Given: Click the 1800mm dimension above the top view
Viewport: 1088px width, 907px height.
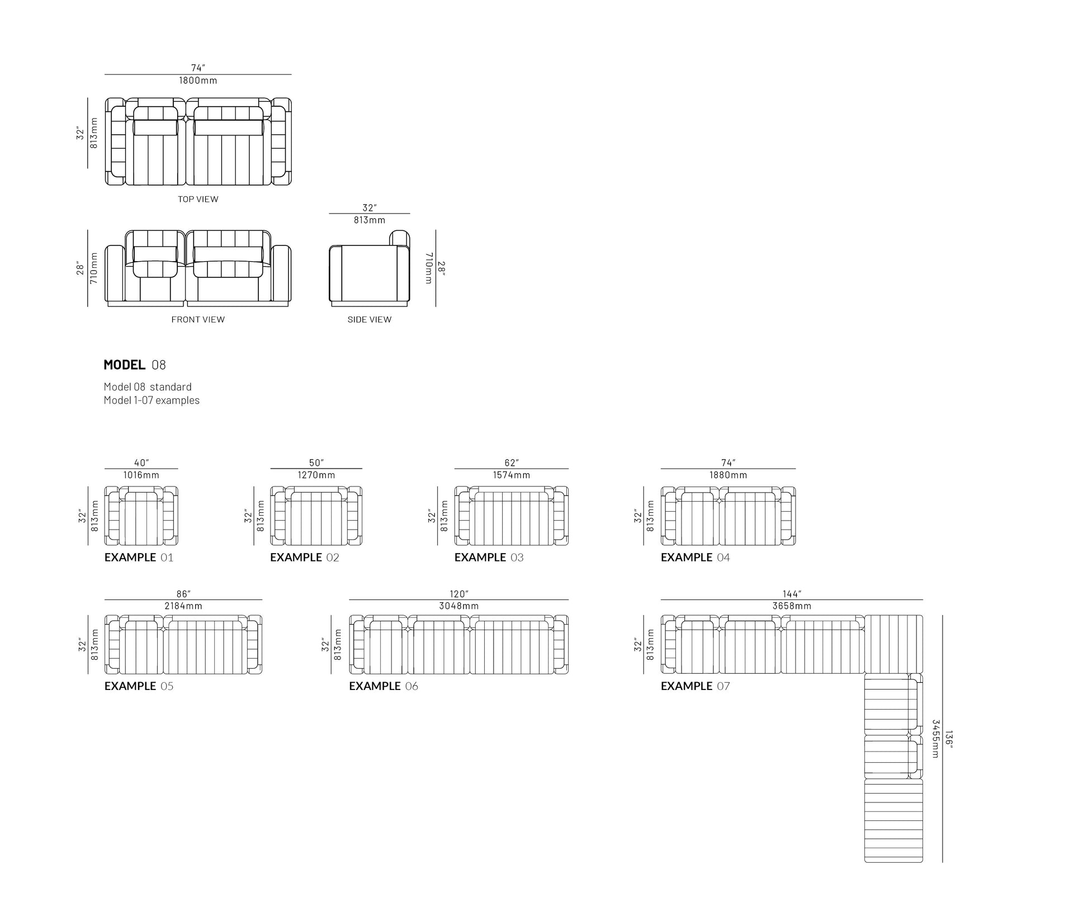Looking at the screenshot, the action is [x=198, y=81].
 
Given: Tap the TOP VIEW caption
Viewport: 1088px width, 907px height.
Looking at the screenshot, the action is [x=198, y=199].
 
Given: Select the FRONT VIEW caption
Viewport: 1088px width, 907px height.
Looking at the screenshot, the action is [x=198, y=319].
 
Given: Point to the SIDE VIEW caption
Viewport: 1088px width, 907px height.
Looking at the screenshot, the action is [x=370, y=319].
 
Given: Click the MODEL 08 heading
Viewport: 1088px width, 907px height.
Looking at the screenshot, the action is [x=135, y=365].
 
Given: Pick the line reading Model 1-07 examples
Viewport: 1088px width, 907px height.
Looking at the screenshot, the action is [x=152, y=400].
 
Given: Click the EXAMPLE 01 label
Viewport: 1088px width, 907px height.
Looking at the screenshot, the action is [x=139, y=558].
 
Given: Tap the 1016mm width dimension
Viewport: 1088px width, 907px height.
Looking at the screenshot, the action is [x=141, y=475].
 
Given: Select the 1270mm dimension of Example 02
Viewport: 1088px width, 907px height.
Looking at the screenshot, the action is [x=316, y=475].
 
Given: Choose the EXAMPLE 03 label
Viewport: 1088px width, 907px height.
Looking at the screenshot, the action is [x=489, y=558].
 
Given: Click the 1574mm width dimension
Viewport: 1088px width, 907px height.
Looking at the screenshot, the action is [x=511, y=475].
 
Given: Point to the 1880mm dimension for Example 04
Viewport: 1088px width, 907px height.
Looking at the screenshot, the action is [x=728, y=475].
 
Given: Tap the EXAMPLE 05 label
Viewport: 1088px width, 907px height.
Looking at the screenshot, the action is [x=139, y=686].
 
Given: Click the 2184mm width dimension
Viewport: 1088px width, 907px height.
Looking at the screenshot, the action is [x=183, y=606].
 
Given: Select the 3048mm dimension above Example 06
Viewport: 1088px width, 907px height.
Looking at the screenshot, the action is [x=458, y=606].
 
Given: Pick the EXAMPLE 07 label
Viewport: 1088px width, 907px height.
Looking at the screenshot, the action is [x=696, y=686].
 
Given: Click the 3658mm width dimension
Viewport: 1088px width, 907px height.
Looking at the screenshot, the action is [x=792, y=606].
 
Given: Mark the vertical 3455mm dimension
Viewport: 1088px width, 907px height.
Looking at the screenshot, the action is [x=935, y=739].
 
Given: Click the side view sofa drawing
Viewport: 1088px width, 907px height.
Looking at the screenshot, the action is [x=370, y=268].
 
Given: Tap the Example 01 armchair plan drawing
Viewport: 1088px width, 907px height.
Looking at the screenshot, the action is [x=141, y=516].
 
